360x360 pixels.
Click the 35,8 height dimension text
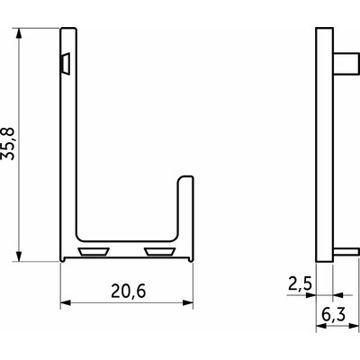pos(8,143)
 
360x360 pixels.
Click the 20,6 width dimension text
pos(129,292)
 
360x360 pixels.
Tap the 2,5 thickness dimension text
pos(300,283)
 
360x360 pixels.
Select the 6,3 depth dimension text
pos(333,314)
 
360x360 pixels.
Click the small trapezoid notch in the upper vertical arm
pos(66,64)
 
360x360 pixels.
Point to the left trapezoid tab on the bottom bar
pos(94,252)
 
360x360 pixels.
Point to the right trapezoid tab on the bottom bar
pos(159,252)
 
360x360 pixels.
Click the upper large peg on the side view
pos(346,63)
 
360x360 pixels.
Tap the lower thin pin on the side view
pos(346,252)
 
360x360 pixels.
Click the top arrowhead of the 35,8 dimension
pos(19,33)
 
